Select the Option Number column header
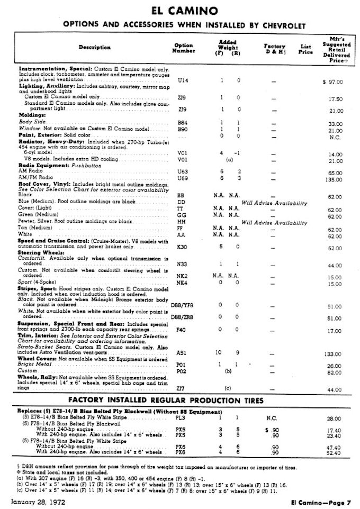[x=183, y=48]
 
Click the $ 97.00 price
[x=332, y=82]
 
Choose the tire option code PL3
[x=181, y=418]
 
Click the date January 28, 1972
[x=35, y=501]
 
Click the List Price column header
[x=305, y=49]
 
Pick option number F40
[x=181, y=331]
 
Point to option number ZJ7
[x=181, y=389]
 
